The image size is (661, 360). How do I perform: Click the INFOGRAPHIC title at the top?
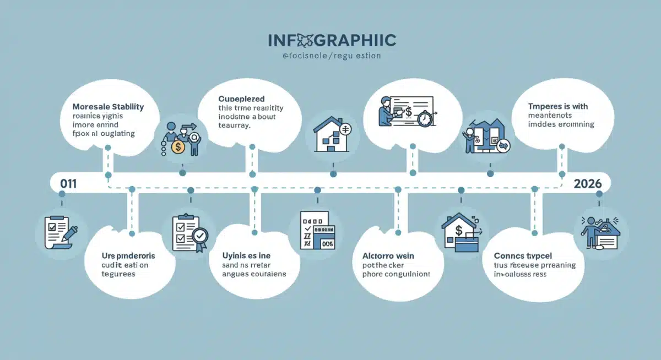(332, 40)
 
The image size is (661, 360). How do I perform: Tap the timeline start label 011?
(68, 184)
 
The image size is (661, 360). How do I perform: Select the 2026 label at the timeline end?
(587, 184)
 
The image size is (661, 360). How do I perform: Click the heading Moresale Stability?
(109, 106)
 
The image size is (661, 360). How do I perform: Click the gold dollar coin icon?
(178, 146)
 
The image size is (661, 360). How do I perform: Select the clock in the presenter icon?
(425, 119)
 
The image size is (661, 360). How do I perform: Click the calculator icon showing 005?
(317, 232)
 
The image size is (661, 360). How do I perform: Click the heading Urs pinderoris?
(128, 256)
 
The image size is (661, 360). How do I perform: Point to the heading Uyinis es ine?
(246, 256)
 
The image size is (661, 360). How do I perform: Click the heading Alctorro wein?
(388, 256)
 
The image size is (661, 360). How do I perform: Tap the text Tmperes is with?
(558, 106)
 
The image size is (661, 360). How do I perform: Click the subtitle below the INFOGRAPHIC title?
(331, 56)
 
